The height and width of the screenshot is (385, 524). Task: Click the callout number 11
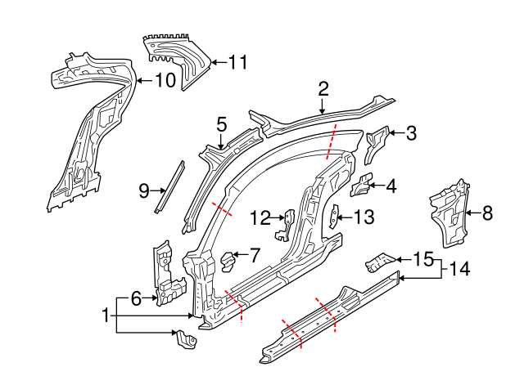coord(237,61)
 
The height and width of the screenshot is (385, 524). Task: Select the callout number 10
coord(165,80)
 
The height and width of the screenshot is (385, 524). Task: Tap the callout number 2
coord(323,89)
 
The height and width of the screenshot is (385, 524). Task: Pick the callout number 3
coord(411,132)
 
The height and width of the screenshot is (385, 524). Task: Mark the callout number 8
coord(487,214)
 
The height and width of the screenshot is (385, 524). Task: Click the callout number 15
coord(422,260)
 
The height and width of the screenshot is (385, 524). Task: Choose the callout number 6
coord(137,300)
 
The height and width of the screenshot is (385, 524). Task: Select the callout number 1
coord(105,315)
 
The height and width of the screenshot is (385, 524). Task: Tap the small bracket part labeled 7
coord(228,260)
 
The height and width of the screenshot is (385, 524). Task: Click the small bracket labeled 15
coord(377,262)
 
